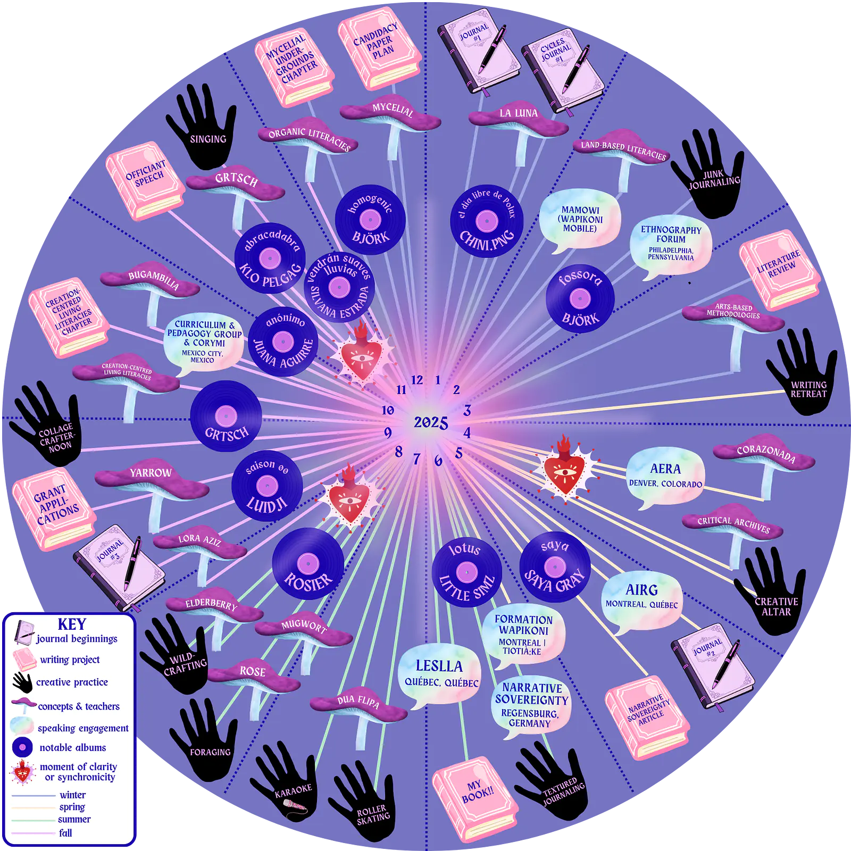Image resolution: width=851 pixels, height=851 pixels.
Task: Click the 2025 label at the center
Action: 431,422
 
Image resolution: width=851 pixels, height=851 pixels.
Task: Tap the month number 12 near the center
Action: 417,380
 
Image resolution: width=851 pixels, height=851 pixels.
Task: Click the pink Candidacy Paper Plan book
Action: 379,48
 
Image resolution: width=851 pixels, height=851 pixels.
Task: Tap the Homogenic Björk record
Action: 370,220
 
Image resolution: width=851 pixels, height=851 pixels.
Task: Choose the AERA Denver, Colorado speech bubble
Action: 665,477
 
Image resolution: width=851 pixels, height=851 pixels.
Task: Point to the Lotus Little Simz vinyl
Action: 467,572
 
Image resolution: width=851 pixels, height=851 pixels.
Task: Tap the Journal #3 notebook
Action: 119,567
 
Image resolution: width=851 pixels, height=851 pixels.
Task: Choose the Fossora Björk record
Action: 580,298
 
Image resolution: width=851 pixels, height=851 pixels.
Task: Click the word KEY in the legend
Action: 72,624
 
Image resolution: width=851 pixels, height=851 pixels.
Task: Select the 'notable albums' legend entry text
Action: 73,747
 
